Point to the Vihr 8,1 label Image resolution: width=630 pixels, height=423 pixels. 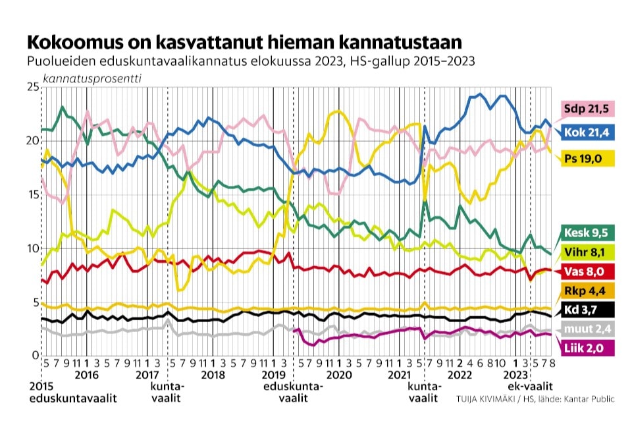tap(583, 252)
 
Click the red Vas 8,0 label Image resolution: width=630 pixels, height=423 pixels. tap(581, 272)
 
